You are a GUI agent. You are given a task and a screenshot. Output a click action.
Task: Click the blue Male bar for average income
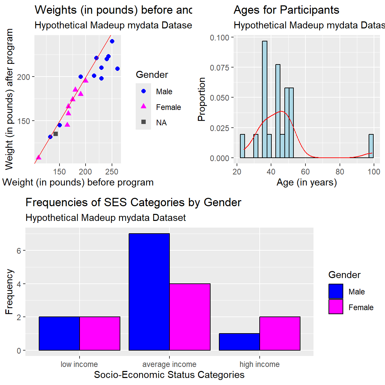(149, 292)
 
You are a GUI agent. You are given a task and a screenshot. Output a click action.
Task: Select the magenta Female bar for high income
(280, 334)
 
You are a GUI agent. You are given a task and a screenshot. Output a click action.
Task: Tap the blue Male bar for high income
(239, 342)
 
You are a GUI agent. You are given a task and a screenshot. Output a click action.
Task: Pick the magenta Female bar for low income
(100, 334)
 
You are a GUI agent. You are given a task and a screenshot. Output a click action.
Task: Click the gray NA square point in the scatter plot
(55, 134)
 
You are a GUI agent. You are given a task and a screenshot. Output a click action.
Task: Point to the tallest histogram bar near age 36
(265, 99)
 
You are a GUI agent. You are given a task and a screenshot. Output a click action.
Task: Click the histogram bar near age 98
(371, 146)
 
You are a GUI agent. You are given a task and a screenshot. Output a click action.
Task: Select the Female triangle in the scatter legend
(144, 106)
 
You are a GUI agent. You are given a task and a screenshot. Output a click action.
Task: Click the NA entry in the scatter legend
(144, 122)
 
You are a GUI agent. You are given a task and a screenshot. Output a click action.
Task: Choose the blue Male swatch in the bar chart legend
(336, 291)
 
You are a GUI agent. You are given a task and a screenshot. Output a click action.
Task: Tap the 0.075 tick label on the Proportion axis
(220, 68)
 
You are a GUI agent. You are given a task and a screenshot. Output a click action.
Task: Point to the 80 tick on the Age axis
(340, 172)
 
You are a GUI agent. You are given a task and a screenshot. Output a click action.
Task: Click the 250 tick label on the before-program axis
(112, 172)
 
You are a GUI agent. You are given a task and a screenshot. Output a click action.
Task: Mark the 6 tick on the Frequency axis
(19, 251)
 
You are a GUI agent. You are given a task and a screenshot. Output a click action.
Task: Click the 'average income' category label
(169, 364)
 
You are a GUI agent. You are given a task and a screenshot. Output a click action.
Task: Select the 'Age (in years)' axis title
(306, 182)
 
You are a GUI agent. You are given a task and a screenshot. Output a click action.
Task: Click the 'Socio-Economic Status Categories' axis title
(169, 375)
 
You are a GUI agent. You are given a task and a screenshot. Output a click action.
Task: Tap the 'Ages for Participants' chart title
(286, 10)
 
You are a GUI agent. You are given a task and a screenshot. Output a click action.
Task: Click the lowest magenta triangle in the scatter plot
(39, 157)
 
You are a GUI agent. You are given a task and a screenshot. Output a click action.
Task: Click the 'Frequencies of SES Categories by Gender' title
(133, 203)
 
